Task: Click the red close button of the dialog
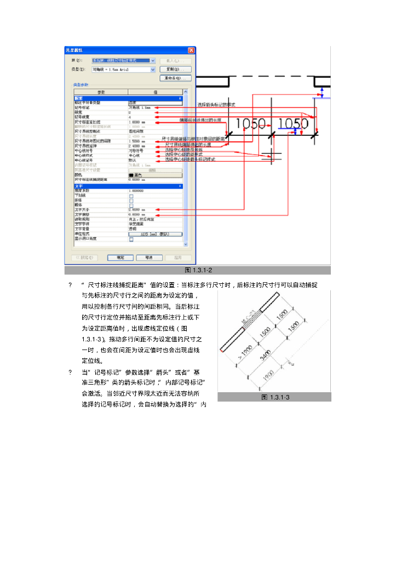point(191,50)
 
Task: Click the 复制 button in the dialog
point(175,70)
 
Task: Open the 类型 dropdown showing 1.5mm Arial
point(153,70)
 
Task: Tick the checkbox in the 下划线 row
point(131,196)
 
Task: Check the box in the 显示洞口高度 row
point(131,239)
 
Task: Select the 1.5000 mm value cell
point(137,141)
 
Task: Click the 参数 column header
point(101,92)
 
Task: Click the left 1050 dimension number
point(251,124)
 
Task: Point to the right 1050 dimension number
point(294,124)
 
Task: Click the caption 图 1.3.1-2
point(198,270)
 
